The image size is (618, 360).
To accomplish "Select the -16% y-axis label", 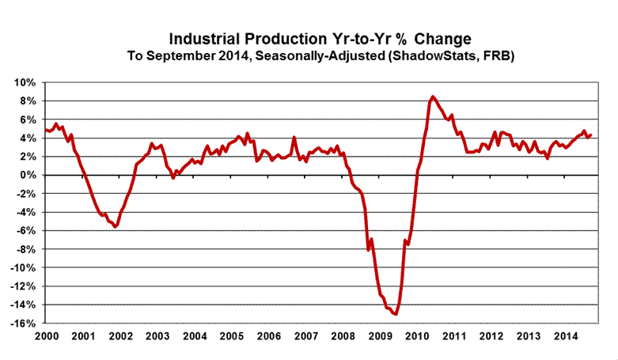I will click(24, 323).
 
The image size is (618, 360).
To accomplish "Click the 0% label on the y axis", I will click(29, 175).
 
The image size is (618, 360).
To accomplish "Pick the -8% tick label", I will click(27, 249).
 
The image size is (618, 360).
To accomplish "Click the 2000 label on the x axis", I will click(47, 335).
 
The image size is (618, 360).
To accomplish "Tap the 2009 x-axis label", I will click(381, 335).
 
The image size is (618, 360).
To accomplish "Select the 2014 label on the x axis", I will click(567, 335).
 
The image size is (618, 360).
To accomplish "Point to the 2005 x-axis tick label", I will click(233, 335).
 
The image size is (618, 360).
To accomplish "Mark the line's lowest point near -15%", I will click(395, 314).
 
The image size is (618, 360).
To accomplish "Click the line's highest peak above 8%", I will click(432, 97).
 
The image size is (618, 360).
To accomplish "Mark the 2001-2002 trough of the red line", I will click(116, 227).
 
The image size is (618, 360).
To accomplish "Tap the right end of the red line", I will click(591, 135).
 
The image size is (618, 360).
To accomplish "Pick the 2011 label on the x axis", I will click(455, 335).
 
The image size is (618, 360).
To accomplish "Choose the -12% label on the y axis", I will click(24, 286).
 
